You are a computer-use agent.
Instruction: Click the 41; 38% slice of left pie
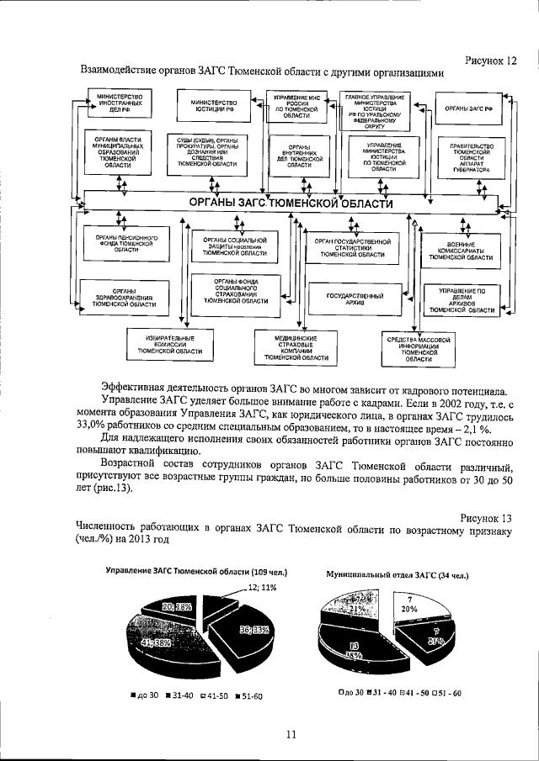coord(156,643)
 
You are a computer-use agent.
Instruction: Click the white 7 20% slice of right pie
coord(408,605)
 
